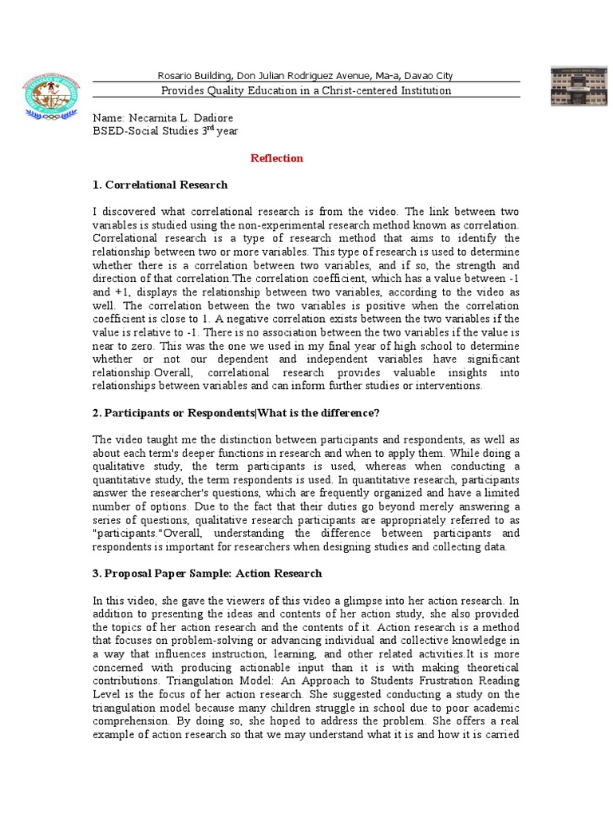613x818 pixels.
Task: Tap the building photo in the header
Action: tap(578, 86)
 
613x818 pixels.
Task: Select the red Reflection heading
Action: tap(277, 158)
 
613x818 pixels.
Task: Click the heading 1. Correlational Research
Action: tap(160, 185)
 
